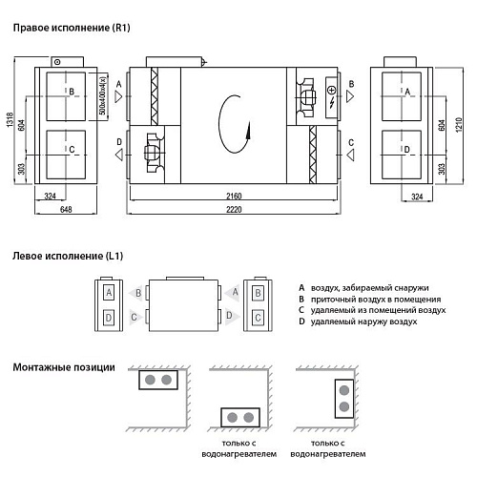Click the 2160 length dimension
234,196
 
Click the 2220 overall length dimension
234,209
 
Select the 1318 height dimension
10,120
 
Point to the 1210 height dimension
459,125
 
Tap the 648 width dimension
66,209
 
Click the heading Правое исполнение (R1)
72,28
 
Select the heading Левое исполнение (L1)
68,256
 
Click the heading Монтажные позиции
64,367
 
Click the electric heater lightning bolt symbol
332,102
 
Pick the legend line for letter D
358,321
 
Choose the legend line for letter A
363,288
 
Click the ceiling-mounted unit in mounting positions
158,380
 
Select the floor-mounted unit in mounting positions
240,417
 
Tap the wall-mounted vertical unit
344,399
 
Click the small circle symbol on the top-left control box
57,62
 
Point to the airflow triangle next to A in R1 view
118,96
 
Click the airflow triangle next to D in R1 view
119,156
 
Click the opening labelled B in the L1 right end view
258,293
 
